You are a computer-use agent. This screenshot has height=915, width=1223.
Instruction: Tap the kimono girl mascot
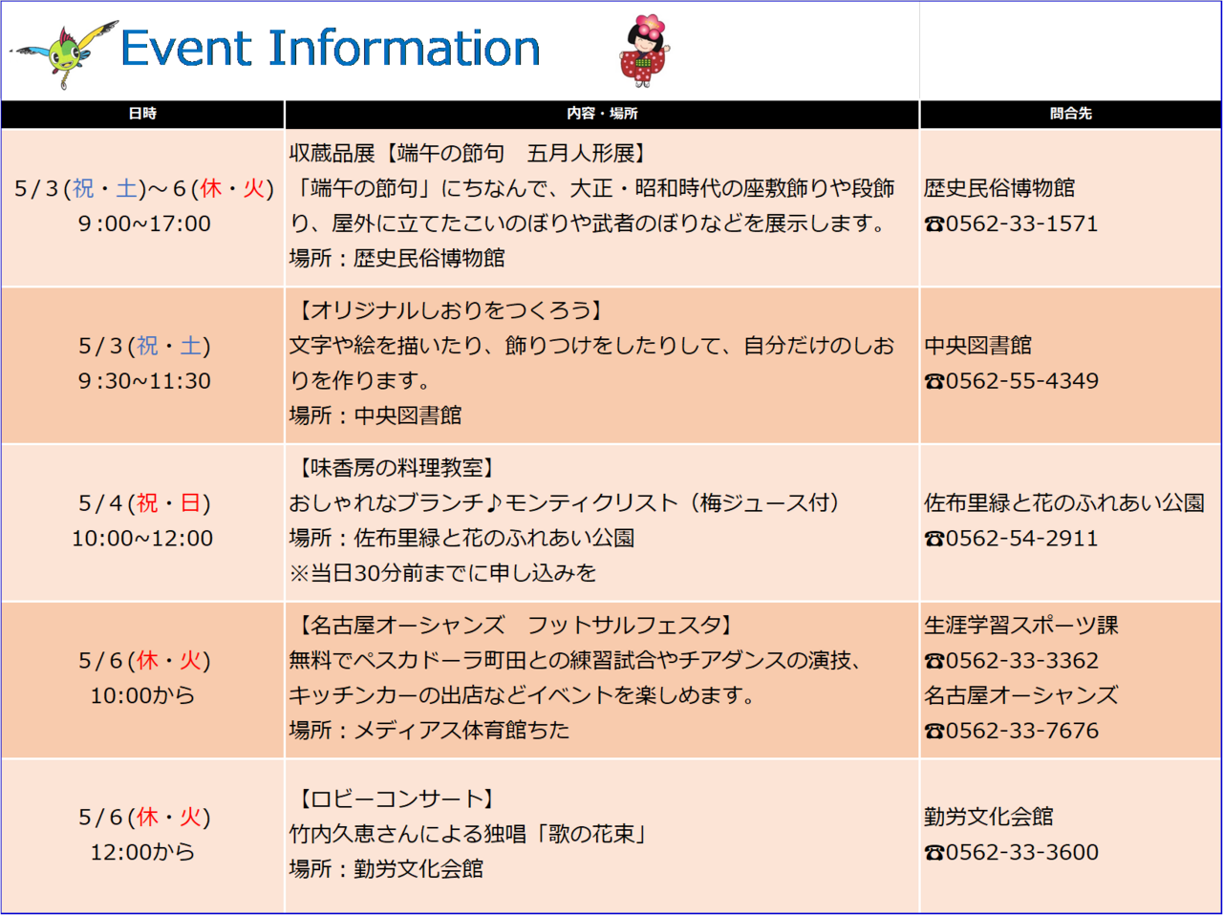(x=645, y=51)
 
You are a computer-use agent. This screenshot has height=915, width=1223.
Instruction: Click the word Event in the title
(x=186, y=48)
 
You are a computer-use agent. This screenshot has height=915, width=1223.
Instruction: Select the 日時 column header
(x=142, y=114)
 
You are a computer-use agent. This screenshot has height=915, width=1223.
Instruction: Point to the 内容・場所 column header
(x=602, y=114)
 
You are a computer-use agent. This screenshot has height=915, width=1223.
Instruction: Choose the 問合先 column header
(x=1070, y=114)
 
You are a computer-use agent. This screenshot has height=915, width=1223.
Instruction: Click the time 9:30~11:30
(x=144, y=381)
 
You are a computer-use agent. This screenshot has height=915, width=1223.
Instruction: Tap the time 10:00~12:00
(x=142, y=538)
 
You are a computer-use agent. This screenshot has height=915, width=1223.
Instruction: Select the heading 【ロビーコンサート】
(x=397, y=798)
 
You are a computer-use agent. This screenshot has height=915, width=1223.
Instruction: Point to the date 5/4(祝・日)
(x=144, y=503)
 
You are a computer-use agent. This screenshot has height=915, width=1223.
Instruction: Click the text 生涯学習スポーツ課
(x=1020, y=625)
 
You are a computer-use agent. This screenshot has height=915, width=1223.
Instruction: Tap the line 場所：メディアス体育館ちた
(x=429, y=730)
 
